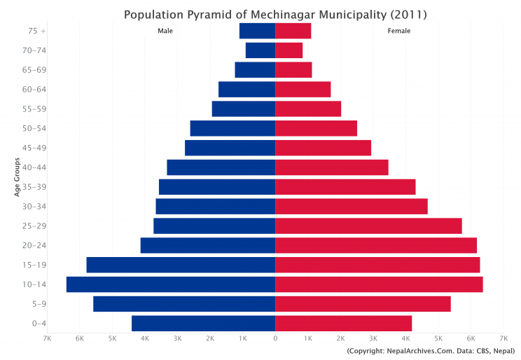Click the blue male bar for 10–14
(171, 284)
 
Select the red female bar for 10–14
(379, 284)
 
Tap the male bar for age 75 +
(257, 31)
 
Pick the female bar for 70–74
(289, 50)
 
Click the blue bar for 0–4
(203, 323)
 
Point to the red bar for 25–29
(368, 226)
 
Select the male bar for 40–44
(221, 167)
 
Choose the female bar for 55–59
(308, 109)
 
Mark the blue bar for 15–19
(181, 265)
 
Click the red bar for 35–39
(345, 187)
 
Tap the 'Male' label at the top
(165, 31)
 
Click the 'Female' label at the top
(399, 31)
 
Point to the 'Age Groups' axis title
(17, 177)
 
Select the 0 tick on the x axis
(275, 339)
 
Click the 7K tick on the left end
(47, 339)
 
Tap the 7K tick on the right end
(503, 339)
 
